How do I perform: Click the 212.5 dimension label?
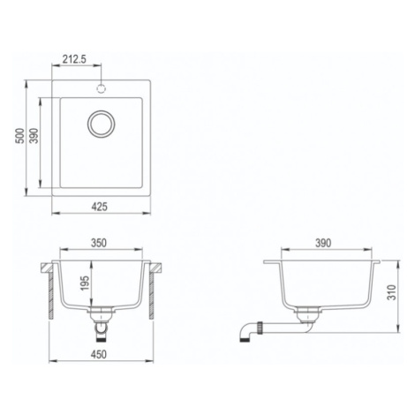pyautogui.click(x=74, y=59)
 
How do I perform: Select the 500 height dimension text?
pyautogui.click(x=20, y=136)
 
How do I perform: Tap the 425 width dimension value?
pyautogui.click(x=99, y=207)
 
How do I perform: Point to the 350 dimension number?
pyautogui.click(x=99, y=243)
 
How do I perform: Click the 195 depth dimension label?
pyautogui.click(x=85, y=283)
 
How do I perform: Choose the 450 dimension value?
pyautogui.click(x=99, y=355)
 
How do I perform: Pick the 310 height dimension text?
pyautogui.click(x=392, y=292)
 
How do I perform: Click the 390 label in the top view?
pyautogui.click(x=34, y=136)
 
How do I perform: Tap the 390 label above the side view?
pyautogui.click(x=323, y=243)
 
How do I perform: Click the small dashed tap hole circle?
pyautogui.click(x=101, y=88)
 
